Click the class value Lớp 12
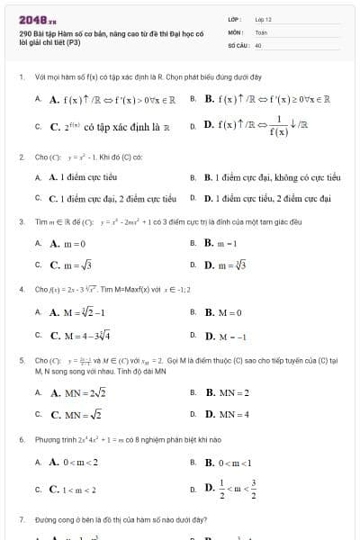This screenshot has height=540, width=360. pos(262,18)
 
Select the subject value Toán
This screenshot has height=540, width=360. pos(261,31)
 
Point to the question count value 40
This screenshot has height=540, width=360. pos(258,43)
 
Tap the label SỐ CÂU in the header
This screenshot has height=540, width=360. pos(237,43)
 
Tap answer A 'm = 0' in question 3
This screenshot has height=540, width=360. pos(67,243)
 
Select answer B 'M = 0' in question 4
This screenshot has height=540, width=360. pos(223,312)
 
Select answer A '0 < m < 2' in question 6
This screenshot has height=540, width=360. pos(74,462)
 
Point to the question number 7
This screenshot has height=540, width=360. pos(21,519)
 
